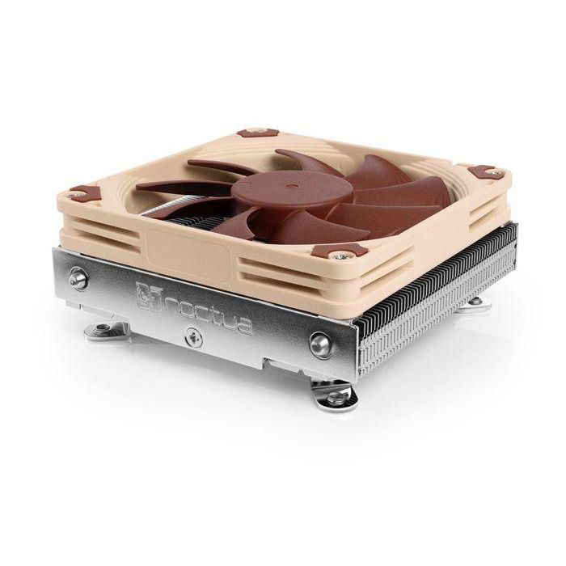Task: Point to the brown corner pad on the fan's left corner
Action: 85,194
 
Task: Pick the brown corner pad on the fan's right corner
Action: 487,172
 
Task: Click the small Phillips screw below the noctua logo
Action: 193,339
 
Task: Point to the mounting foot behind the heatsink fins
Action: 477,302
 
